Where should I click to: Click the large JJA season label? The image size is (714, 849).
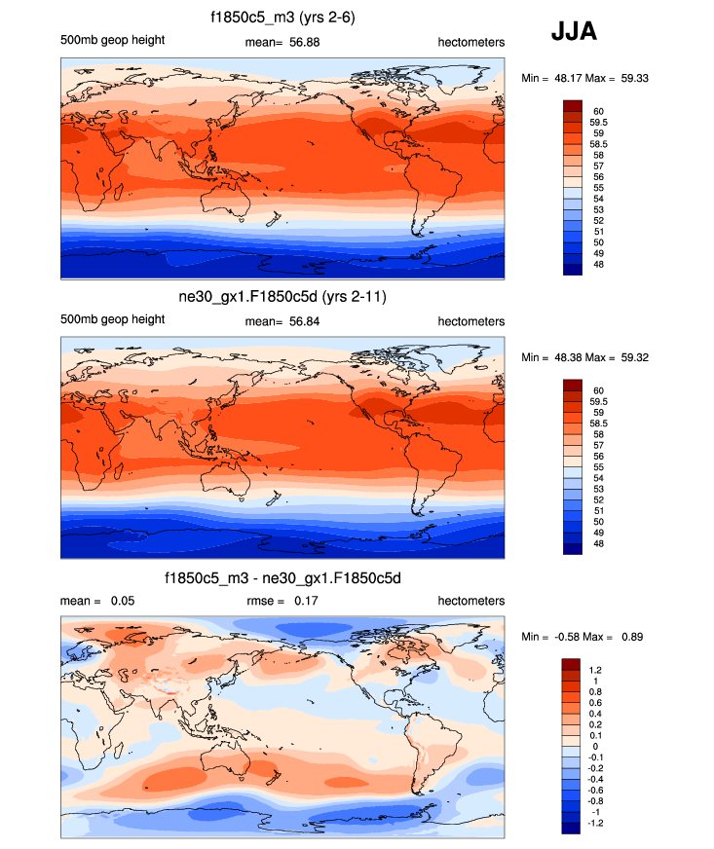click(574, 32)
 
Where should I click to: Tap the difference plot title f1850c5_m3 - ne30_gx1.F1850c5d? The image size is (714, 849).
click(283, 578)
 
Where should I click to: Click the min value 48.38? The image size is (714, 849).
click(574, 357)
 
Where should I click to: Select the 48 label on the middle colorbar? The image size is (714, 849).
click(598, 544)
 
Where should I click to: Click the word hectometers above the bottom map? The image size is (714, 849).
click(471, 601)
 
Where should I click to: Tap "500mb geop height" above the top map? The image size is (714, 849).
click(112, 40)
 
